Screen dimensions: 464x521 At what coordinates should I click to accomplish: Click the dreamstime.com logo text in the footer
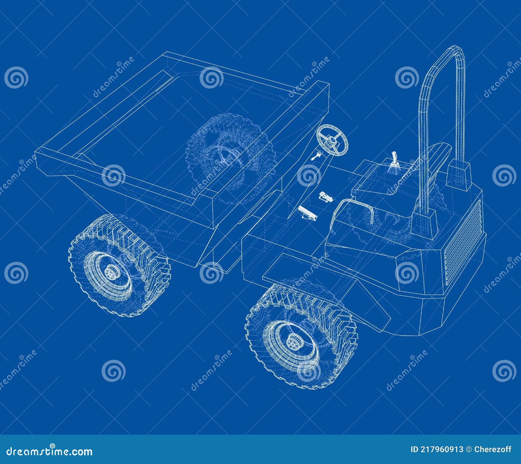[49, 451]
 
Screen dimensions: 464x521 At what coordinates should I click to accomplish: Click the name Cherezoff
[493, 450]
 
